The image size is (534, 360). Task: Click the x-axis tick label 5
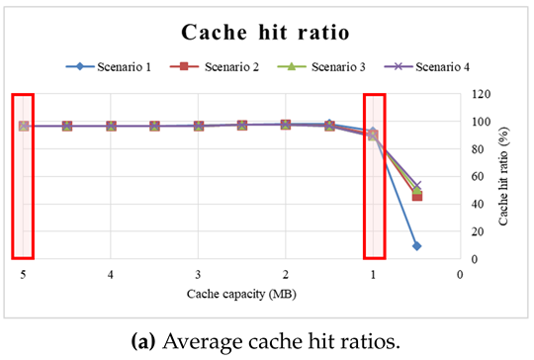23,274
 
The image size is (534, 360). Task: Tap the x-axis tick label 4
111,274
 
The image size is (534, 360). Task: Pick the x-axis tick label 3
198,274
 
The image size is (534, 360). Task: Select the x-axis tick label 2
285,274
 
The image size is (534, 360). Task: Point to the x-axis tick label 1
373,274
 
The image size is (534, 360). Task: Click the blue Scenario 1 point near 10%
416,245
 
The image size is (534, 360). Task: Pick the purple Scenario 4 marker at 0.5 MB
416,185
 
